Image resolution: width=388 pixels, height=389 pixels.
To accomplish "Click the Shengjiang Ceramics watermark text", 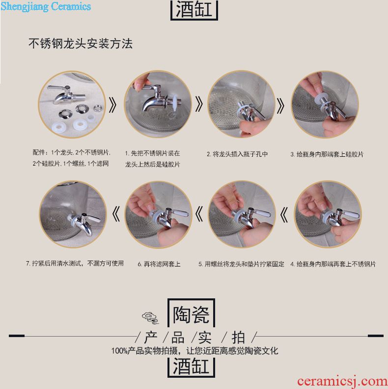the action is (x=46, y=6).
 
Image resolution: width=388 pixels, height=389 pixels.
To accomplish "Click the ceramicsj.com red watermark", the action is (x=342, y=381).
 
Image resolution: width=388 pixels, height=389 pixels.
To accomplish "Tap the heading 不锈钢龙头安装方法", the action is (x=81, y=44).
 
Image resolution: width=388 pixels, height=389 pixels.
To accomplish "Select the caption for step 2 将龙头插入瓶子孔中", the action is (x=237, y=154).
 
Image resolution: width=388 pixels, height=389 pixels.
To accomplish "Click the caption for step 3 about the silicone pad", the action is (x=327, y=154).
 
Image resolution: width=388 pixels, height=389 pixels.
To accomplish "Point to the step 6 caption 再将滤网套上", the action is (x=159, y=264).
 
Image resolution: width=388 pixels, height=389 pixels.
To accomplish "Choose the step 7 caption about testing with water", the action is (x=75, y=263).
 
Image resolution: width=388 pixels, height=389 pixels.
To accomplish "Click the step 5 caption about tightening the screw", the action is (x=241, y=264).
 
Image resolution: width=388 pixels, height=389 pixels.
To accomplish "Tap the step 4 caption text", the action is (x=333, y=264).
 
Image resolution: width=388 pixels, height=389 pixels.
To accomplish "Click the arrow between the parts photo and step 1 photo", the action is (x=112, y=105).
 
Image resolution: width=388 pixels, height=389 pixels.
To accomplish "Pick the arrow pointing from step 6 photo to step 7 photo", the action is (x=116, y=214).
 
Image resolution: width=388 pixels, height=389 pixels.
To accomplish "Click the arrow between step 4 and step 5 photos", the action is (x=284, y=215).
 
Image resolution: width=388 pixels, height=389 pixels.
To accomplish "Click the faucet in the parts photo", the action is (x=66, y=94).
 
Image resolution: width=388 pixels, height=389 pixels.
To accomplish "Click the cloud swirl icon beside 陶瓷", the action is (x=150, y=317).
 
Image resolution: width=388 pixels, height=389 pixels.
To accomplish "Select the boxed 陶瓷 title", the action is (x=191, y=314).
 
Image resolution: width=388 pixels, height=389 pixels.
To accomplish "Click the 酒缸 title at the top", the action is (x=194, y=10).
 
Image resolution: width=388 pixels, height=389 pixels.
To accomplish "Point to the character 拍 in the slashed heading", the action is (x=238, y=338).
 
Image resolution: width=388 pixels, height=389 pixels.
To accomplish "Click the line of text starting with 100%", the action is (x=194, y=351).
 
